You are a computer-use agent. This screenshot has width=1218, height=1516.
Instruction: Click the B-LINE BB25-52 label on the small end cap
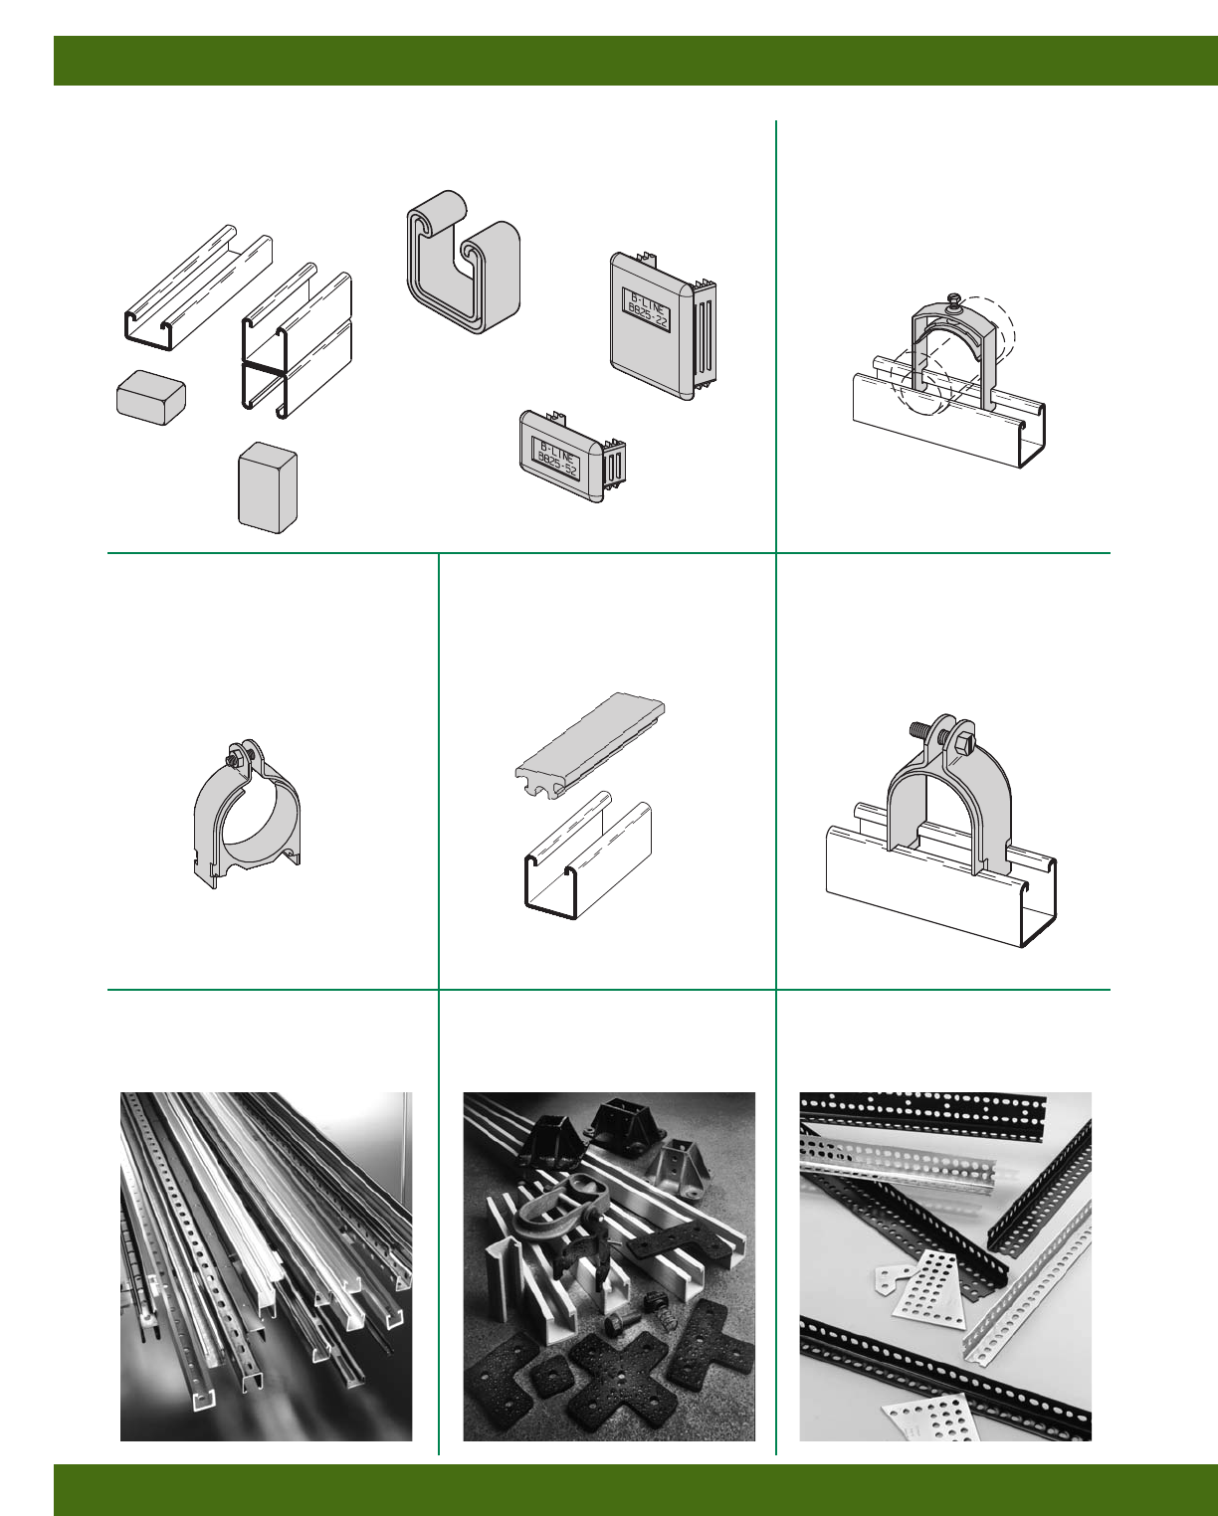click(x=557, y=460)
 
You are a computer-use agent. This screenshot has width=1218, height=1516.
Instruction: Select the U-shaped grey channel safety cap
click(x=463, y=262)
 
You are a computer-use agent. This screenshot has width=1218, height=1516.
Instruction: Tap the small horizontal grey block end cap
click(x=151, y=398)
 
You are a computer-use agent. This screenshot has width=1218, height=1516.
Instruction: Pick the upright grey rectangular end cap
click(x=268, y=487)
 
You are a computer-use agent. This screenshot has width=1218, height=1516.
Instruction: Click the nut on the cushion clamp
click(x=233, y=760)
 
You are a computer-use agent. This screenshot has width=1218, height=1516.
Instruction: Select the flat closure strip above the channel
click(x=590, y=746)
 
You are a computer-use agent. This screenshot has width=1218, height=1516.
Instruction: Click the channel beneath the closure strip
click(x=588, y=854)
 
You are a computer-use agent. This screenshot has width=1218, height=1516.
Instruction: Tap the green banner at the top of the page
click(x=636, y=61)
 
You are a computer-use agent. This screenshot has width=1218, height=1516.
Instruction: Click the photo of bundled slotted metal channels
click(x=267, y=1266)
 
